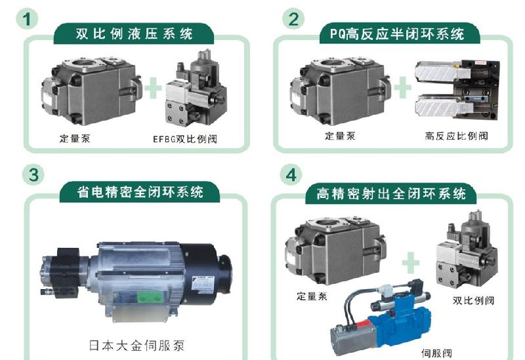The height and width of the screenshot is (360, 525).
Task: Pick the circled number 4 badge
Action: [x=292, y=175]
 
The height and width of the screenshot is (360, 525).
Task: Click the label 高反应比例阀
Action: [x=456, y=136]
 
